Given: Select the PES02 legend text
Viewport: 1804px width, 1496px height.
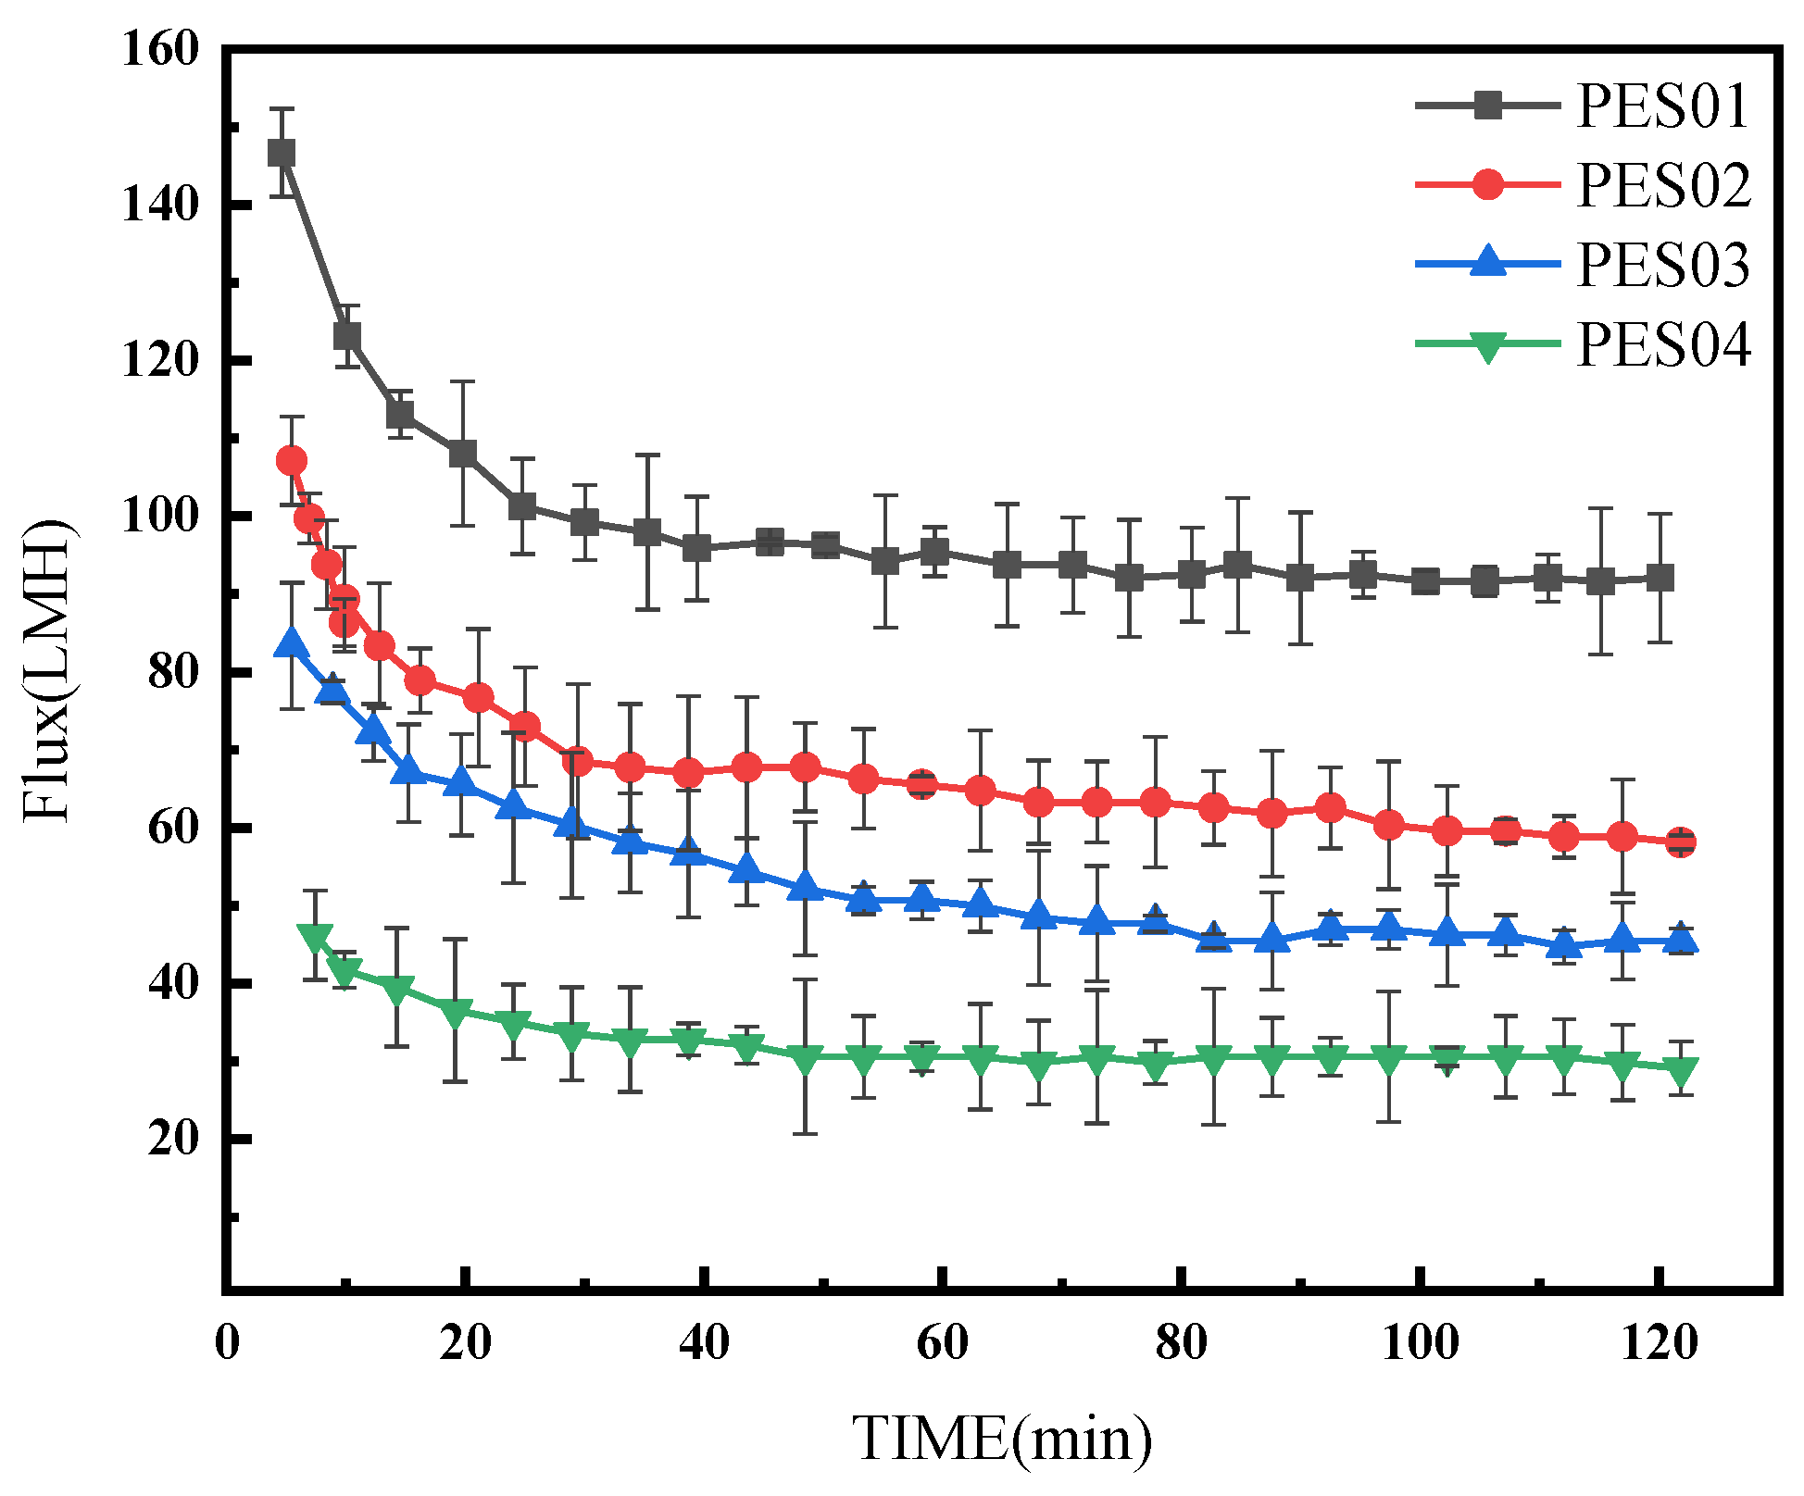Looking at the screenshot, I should [x=1662, y=185].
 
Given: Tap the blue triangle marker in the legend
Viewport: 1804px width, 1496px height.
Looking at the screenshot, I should [x=1488, y=262].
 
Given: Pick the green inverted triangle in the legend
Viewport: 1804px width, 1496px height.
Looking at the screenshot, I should [x=1488, y=346].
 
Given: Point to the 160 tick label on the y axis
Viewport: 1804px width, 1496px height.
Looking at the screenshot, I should [x=160, y=48].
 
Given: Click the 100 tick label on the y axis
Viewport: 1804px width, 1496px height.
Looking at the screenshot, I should [x=160, y=516].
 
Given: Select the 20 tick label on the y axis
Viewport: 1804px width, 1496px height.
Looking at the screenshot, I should [x=173, y=1139].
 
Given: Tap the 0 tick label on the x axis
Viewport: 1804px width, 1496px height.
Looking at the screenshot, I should [x=227, y=1343].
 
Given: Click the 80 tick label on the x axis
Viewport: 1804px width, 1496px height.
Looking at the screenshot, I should [x=1181, y=1343].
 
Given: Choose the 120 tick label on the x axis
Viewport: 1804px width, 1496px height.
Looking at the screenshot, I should [x=1658, y=1343].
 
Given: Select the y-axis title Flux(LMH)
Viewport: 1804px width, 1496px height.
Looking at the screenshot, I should [x=46, y=671].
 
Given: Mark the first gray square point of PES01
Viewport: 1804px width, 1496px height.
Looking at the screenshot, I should [x=282, y=153].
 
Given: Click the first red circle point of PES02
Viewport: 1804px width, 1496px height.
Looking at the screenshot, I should [x=292, y=460].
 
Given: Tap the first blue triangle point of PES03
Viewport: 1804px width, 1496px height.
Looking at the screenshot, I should [x=292, y=643].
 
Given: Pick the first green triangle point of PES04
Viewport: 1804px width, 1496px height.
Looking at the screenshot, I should [x=315, y=936].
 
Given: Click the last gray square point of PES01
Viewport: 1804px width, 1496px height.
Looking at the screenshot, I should [x=1660, y=578].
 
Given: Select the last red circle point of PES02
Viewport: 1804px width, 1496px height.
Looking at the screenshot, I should [x=1681, y=842].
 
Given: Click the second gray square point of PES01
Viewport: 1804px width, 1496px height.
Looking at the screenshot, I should [x=347, y=335].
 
